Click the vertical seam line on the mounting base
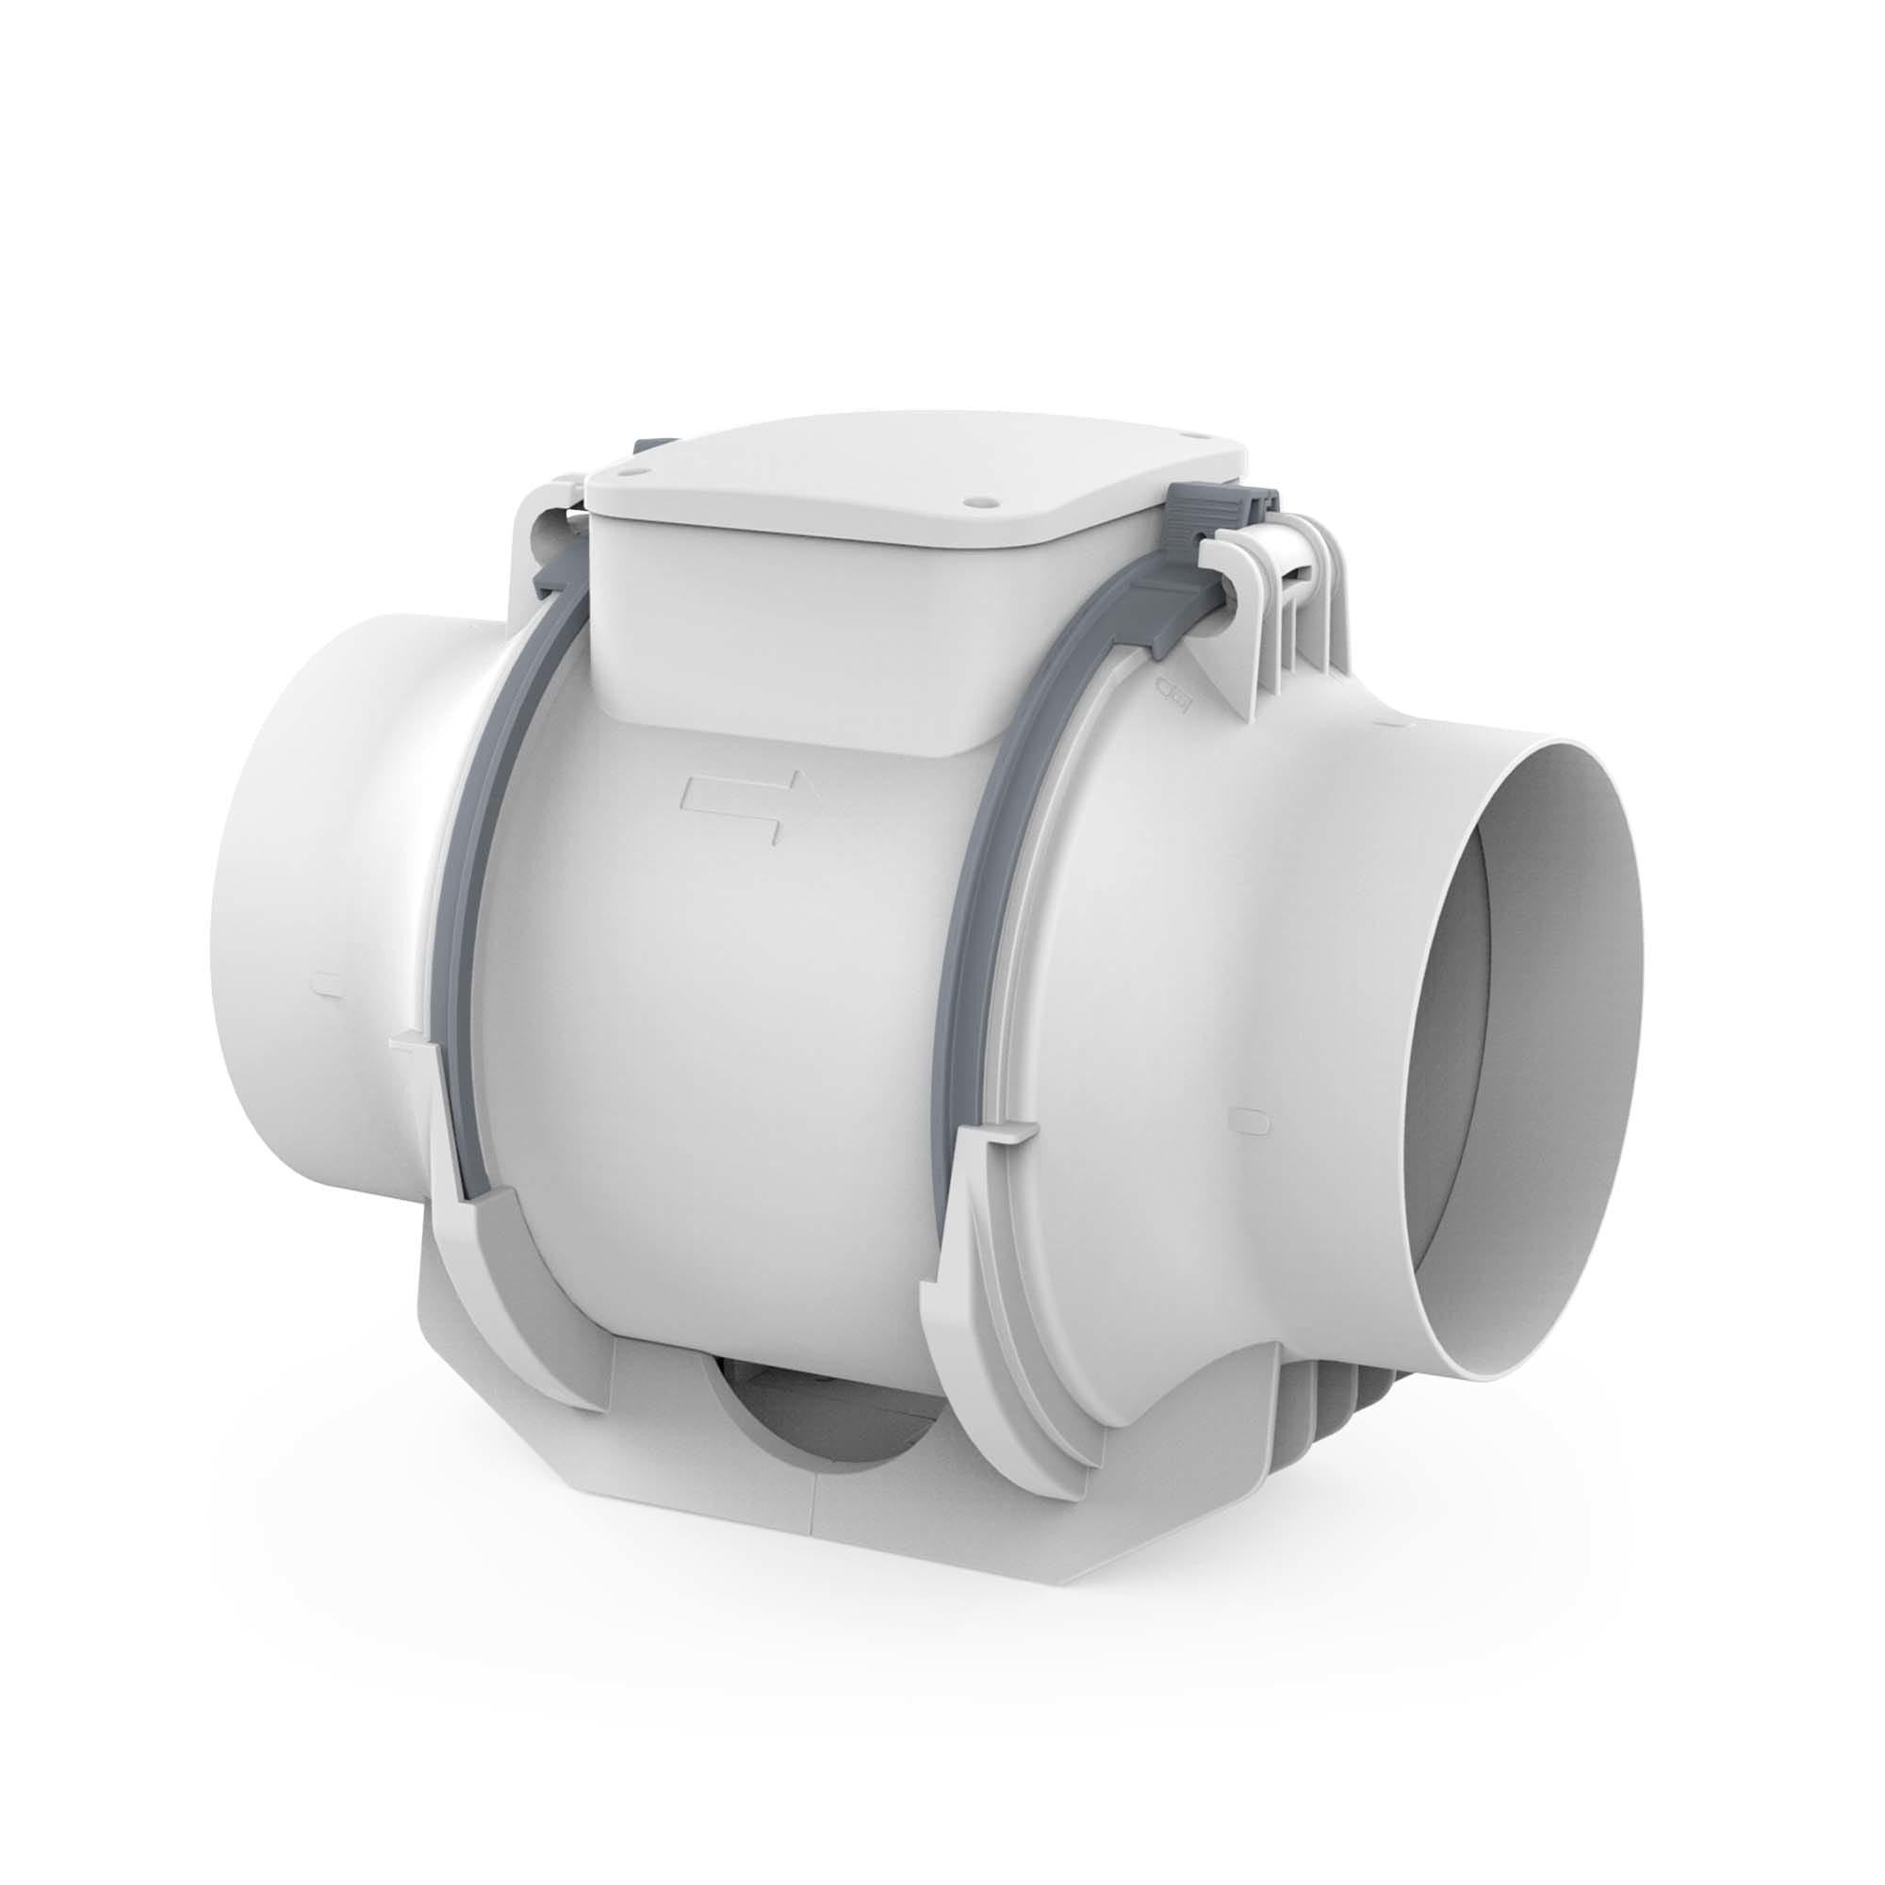811,1522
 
